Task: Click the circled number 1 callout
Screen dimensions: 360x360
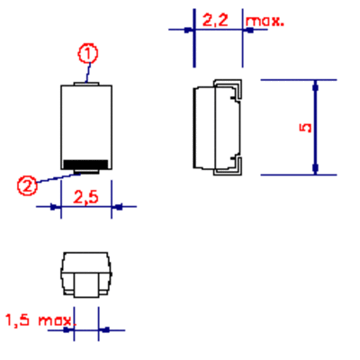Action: pos(88,54)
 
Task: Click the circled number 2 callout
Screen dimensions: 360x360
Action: pos(27,186)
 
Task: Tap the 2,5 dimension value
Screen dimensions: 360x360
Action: pos(85,197)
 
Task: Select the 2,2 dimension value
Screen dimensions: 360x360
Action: pos(215,20)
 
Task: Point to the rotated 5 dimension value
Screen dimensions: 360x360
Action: pos(306,128)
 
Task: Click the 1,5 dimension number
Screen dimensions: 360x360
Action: pos(18,319)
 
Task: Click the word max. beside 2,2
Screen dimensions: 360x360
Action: pos(265,21)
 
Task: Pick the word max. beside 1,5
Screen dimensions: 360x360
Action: pos(57,320)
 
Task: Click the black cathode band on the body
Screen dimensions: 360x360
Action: pos(85,165)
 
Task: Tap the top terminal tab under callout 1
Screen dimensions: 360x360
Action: pos(86,84)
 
